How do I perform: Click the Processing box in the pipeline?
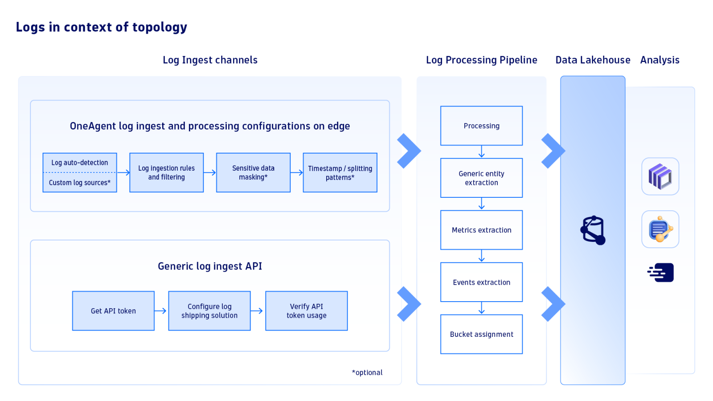click(481, 126)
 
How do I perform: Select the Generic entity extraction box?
click(481, 178)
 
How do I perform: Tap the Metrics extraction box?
click(481, 230)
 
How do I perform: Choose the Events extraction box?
click(481, 282)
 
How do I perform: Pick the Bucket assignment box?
click(481, 334)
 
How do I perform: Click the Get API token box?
click(113, 311)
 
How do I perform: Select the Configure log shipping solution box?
click(209, 311)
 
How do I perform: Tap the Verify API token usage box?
click(306, 311)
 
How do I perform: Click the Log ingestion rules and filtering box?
click(166, 173)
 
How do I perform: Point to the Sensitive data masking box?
click(253, 173)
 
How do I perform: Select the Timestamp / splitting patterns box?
click(340, 173)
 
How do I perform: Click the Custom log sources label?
click(80, 183)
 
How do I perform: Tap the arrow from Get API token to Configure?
click(161, 311)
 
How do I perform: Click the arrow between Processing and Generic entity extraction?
click(481, 152)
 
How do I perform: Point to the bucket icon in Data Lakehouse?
click(593, 230)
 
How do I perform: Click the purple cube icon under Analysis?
click(660, 176)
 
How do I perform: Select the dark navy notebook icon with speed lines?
click(661, 273)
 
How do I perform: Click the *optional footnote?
click(367, 372)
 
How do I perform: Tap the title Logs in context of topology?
click(101, 27)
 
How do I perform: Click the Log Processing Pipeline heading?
click(481, 60)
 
